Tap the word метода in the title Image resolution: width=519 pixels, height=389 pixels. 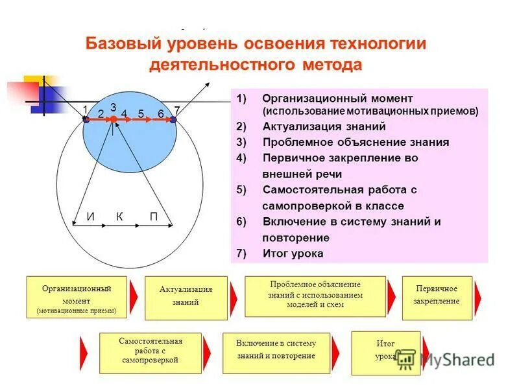tap(331, 65)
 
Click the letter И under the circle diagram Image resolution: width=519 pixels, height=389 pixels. tap(90, 217)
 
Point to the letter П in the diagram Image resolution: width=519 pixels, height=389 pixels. tap(154, 217)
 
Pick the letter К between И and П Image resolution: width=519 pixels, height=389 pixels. tap(120, 217)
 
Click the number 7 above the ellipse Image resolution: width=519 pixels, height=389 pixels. tap(176, 110)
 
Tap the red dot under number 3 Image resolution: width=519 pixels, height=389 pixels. tap(114, 119)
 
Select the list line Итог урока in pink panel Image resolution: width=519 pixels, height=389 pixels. tap(293, 253)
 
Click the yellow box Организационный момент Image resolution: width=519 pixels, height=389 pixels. tap(77, 298)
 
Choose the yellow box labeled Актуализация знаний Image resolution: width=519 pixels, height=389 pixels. tap(186, 298)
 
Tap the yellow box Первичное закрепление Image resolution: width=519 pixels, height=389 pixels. tap(436, 298)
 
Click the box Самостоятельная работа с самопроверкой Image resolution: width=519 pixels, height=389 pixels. tap(150, 353)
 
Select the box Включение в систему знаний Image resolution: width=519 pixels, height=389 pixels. tap(276, 353)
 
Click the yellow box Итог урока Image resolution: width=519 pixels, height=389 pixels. tap(385, 353)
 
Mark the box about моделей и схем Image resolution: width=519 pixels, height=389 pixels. tap(315, 296)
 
